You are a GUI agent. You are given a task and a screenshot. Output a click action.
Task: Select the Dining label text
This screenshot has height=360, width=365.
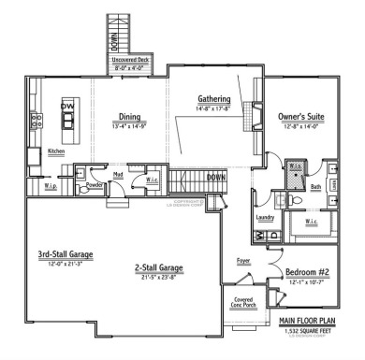point(129,117)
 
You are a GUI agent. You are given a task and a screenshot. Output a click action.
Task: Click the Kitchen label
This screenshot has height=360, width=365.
point(57,151)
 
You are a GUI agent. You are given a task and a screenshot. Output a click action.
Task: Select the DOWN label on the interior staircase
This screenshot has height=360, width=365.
point(216,177)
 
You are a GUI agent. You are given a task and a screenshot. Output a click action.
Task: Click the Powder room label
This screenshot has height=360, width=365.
point(95,185)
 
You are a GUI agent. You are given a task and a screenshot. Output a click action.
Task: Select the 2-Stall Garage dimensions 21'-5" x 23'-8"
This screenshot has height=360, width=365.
point(157,278)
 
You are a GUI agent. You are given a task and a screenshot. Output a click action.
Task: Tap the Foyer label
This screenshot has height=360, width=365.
point(242,264)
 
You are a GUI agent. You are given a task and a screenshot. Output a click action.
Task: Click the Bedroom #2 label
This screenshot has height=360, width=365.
point(306,273)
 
